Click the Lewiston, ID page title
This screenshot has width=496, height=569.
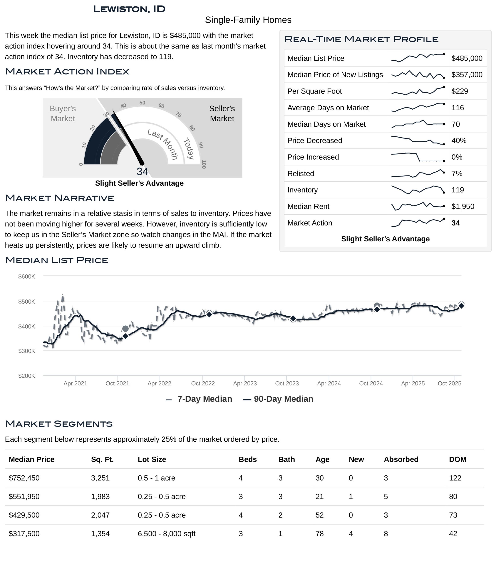click(129, 9)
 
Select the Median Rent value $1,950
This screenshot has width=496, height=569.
click(462, 206)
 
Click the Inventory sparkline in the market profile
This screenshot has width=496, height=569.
click(418, 190)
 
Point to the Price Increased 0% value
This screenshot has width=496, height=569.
click(457, 157)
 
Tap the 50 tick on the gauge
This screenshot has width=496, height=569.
click(142, 103)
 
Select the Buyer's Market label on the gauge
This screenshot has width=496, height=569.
click(63, 113)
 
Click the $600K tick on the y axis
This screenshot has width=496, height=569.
click(27, 276)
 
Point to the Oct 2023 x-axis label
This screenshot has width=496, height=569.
click(287, 383)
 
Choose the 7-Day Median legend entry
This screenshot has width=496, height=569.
click(199, 399)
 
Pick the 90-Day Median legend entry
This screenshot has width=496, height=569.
click(278, 399)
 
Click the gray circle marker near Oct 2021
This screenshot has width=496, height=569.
click(125, 329)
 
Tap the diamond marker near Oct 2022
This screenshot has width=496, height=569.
click(209, 314)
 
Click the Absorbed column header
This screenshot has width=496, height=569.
click(401, 459)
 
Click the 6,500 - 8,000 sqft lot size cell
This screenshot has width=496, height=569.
click(166, 533)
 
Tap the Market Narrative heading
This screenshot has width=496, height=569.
click(60, 198)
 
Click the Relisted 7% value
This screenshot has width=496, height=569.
click(457, 173)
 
